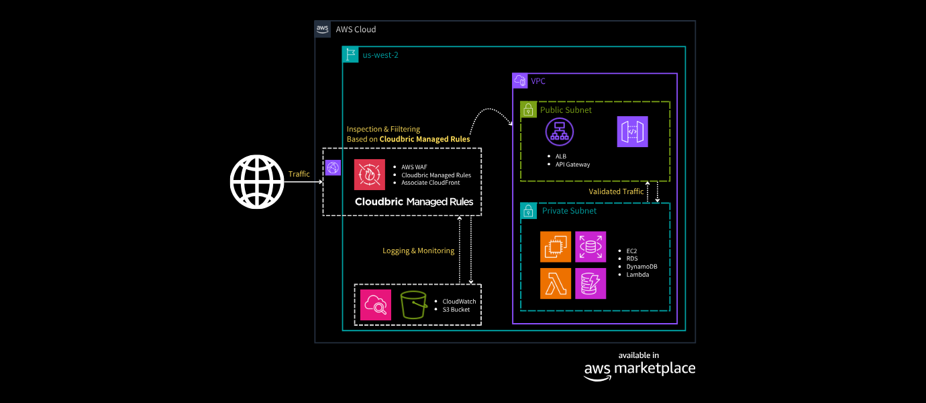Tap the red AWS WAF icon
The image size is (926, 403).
click(x=370, y=175)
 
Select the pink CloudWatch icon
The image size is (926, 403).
click(x=375, y=306)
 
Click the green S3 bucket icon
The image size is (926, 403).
click(x=414, y=306)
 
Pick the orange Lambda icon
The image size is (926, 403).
click(x=556, y=283)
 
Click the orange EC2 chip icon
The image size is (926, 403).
click(x=556, y=247)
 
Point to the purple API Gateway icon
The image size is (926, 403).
click(x=632, y=132)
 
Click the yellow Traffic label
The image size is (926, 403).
click(x=299, y=174)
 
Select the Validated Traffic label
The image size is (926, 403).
click(x=616, y=191)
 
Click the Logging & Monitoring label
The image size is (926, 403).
click(x=418, y=251)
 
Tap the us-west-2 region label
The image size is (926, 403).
click(x=380, y=55)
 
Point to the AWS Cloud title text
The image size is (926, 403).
click(x=356, y=30)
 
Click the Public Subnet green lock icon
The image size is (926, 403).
click(x=528, y=109)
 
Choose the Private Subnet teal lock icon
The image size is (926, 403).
click(x=528, y=211)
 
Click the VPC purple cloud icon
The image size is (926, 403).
click(x=520, y=81)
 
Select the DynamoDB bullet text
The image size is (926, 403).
click(x=641, y=267)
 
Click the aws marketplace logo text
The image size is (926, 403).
click(x=639, y=368)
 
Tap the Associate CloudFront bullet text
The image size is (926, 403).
click(x=431, y=183)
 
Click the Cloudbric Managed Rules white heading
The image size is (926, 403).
click(x=414, y=201)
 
